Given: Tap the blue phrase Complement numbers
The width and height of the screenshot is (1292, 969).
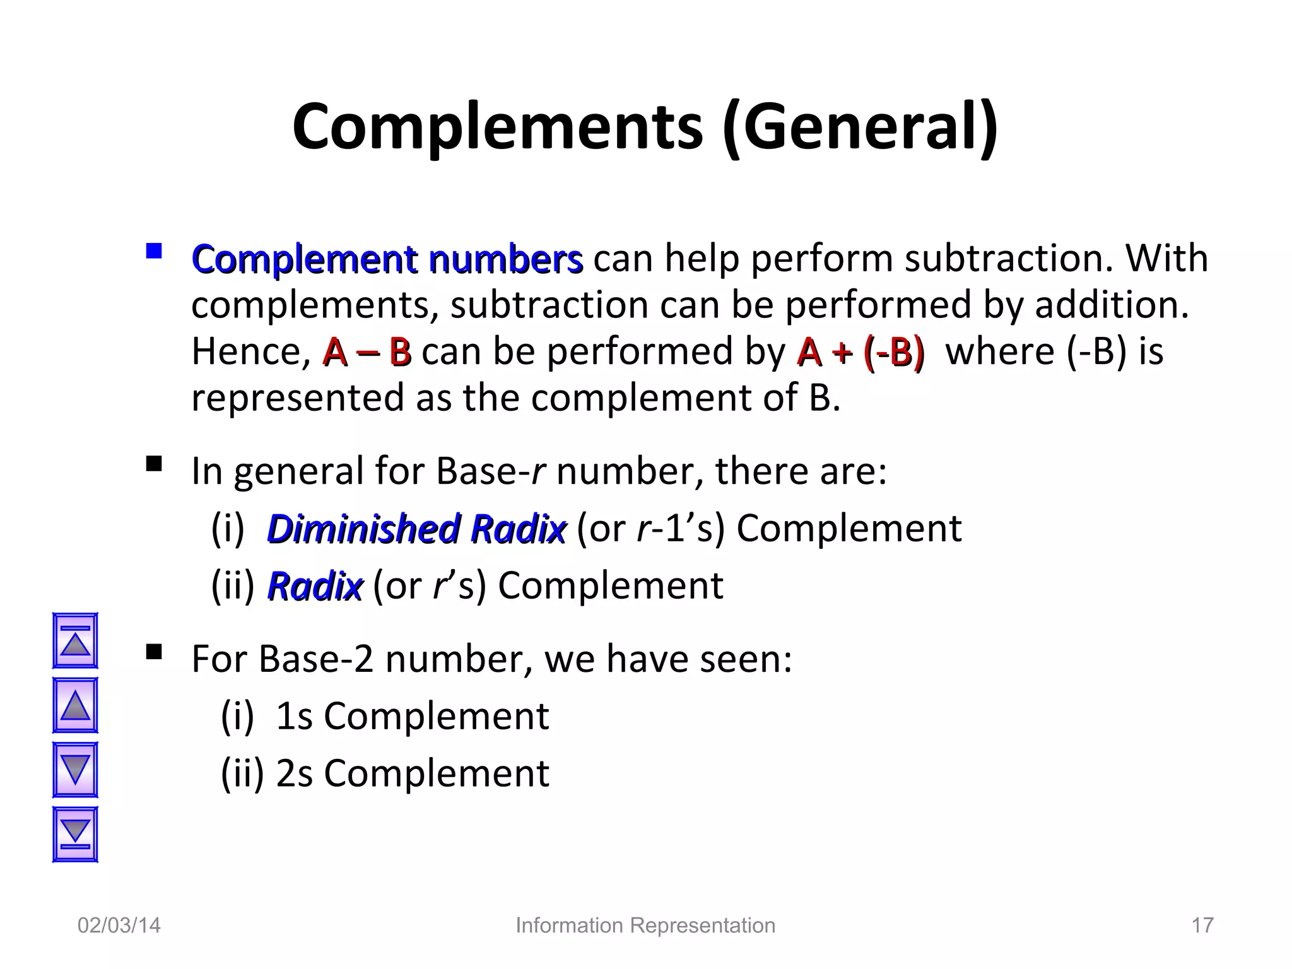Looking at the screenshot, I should tap(387, 259).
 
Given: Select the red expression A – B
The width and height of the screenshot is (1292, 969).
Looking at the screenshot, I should tap(367, 352).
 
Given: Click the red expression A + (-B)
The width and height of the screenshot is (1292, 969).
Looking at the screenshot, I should tap(860, 352).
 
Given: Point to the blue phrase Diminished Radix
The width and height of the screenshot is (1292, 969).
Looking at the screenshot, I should tap(416, 529).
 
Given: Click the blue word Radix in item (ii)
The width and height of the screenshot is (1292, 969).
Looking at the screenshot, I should tap(315, 586).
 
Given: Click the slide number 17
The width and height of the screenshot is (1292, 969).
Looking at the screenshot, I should tap(1202, 925).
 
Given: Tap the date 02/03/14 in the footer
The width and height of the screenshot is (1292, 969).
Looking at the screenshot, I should tap(119, 925).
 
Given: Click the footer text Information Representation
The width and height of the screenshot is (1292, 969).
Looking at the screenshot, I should tap(645, 925).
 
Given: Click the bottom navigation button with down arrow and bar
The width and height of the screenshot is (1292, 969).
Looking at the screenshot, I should tap(75, 834).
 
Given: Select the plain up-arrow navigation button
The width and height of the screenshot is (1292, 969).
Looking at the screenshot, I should tap(75, 705).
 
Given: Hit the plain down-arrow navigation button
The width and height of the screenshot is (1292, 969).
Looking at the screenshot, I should tap(75, 770).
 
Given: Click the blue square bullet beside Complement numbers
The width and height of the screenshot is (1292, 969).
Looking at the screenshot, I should tap(153, 252).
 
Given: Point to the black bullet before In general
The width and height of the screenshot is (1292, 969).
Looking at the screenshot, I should tap(153, 464).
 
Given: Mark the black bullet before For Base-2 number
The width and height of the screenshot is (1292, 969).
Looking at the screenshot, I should tap(153, 652).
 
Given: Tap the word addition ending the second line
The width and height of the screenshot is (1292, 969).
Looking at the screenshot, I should tap(1111, 306).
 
